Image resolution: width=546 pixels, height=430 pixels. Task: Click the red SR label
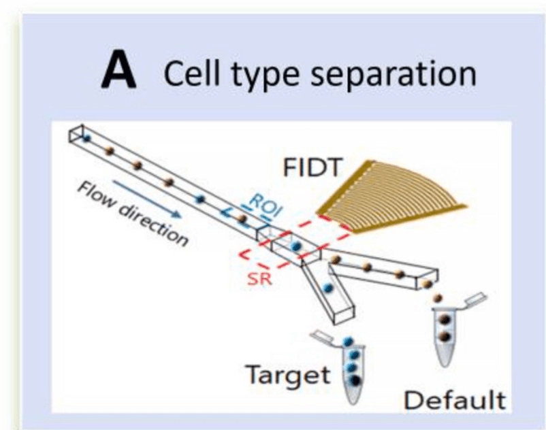point(259,279)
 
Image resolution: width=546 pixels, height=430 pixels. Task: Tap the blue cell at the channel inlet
point(87,139)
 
